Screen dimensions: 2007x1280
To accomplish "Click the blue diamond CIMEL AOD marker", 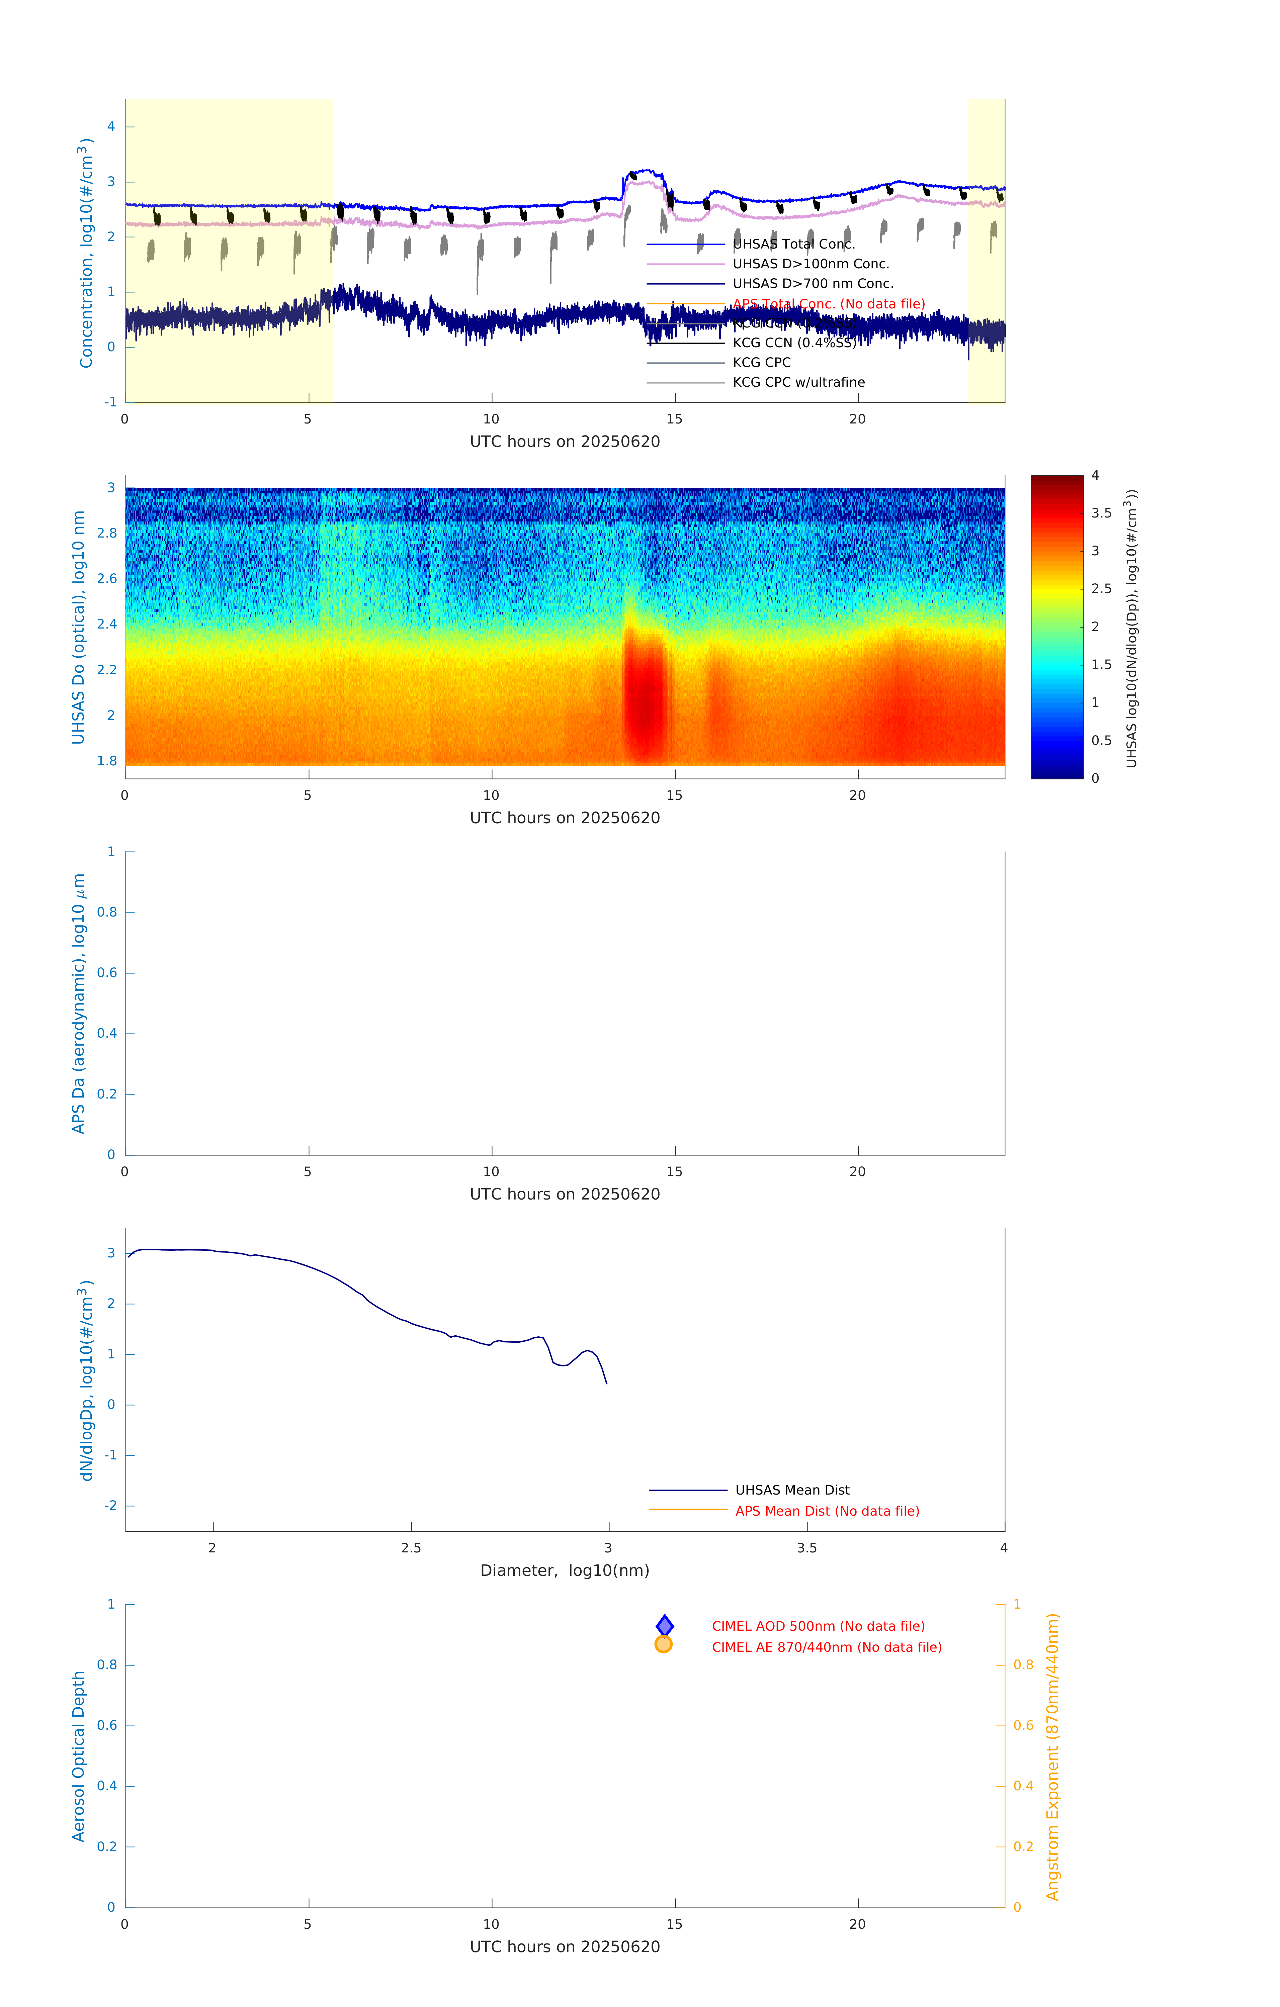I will point(665,1625).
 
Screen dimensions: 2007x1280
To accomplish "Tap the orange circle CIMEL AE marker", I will point(664,1644).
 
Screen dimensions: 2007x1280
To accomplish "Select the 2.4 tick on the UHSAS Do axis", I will point(107,624).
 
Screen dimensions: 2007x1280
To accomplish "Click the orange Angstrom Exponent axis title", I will point(1052,1756).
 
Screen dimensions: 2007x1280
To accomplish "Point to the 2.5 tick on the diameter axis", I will point(411,1548).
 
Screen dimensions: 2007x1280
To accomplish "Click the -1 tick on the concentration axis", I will point(110,402).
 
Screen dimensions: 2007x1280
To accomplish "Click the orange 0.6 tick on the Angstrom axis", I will point(1023,1725).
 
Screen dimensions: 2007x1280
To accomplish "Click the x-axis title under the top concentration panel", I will point(565,442).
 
